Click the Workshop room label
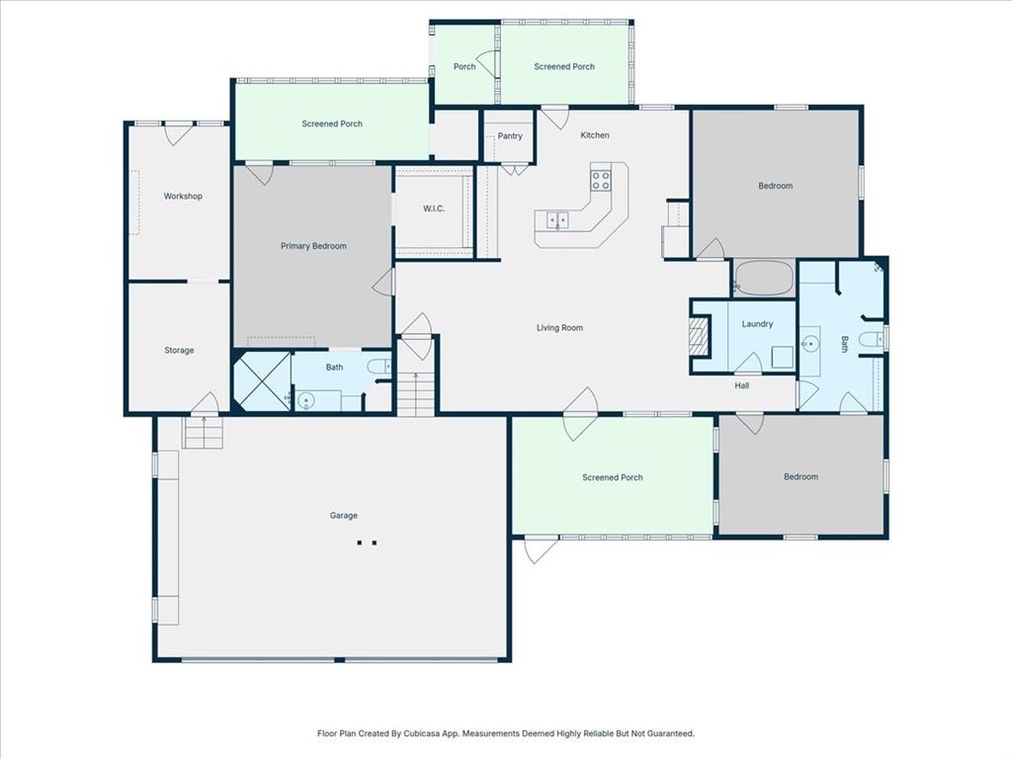click(x=183, y=197)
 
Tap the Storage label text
click(x=179, y=351)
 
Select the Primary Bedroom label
click(x=313, y=246)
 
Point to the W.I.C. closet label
click(x=434, y=209)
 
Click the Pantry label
click(x=510, y=136)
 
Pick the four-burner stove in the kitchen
click(x=601, y=180)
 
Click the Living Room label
click(x=559, y=328)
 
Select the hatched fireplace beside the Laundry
click(x=700, y=336)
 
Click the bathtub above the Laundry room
click(x=764, y=278)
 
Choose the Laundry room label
click(x=757, y=324)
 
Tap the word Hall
click(x=741, y=386)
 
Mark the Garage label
click(x=344, y=516)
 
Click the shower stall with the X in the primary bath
click(x=262, y=381)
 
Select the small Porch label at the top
click(x=464, y=67)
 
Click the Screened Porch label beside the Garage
click(x=612, y=478)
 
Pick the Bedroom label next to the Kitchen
click(x=775, y=186)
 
